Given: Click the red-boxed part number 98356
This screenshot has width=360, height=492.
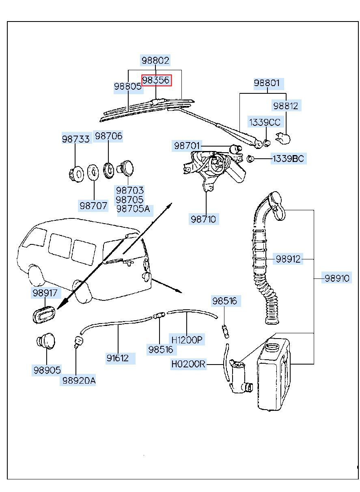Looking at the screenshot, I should (156, 80).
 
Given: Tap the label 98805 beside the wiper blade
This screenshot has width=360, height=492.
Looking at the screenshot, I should (127, 86).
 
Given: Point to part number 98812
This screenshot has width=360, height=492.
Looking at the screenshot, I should (285, 106).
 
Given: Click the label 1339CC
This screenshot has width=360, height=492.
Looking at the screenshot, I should (265, 122).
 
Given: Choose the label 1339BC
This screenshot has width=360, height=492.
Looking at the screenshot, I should (288, 158).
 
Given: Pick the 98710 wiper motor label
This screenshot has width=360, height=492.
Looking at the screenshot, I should (204, 219).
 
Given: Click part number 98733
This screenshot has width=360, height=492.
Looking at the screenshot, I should (75, 138).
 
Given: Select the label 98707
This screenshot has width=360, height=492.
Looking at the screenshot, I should (93, 205).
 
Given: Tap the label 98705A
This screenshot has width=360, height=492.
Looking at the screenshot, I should (133, 209).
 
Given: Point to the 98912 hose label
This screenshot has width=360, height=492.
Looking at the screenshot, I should (288, 259).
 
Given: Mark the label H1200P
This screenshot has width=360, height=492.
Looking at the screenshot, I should (186, 339).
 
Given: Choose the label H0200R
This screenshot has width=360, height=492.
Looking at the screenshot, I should (188, 364).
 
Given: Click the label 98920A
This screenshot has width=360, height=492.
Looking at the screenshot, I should (79, 380).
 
